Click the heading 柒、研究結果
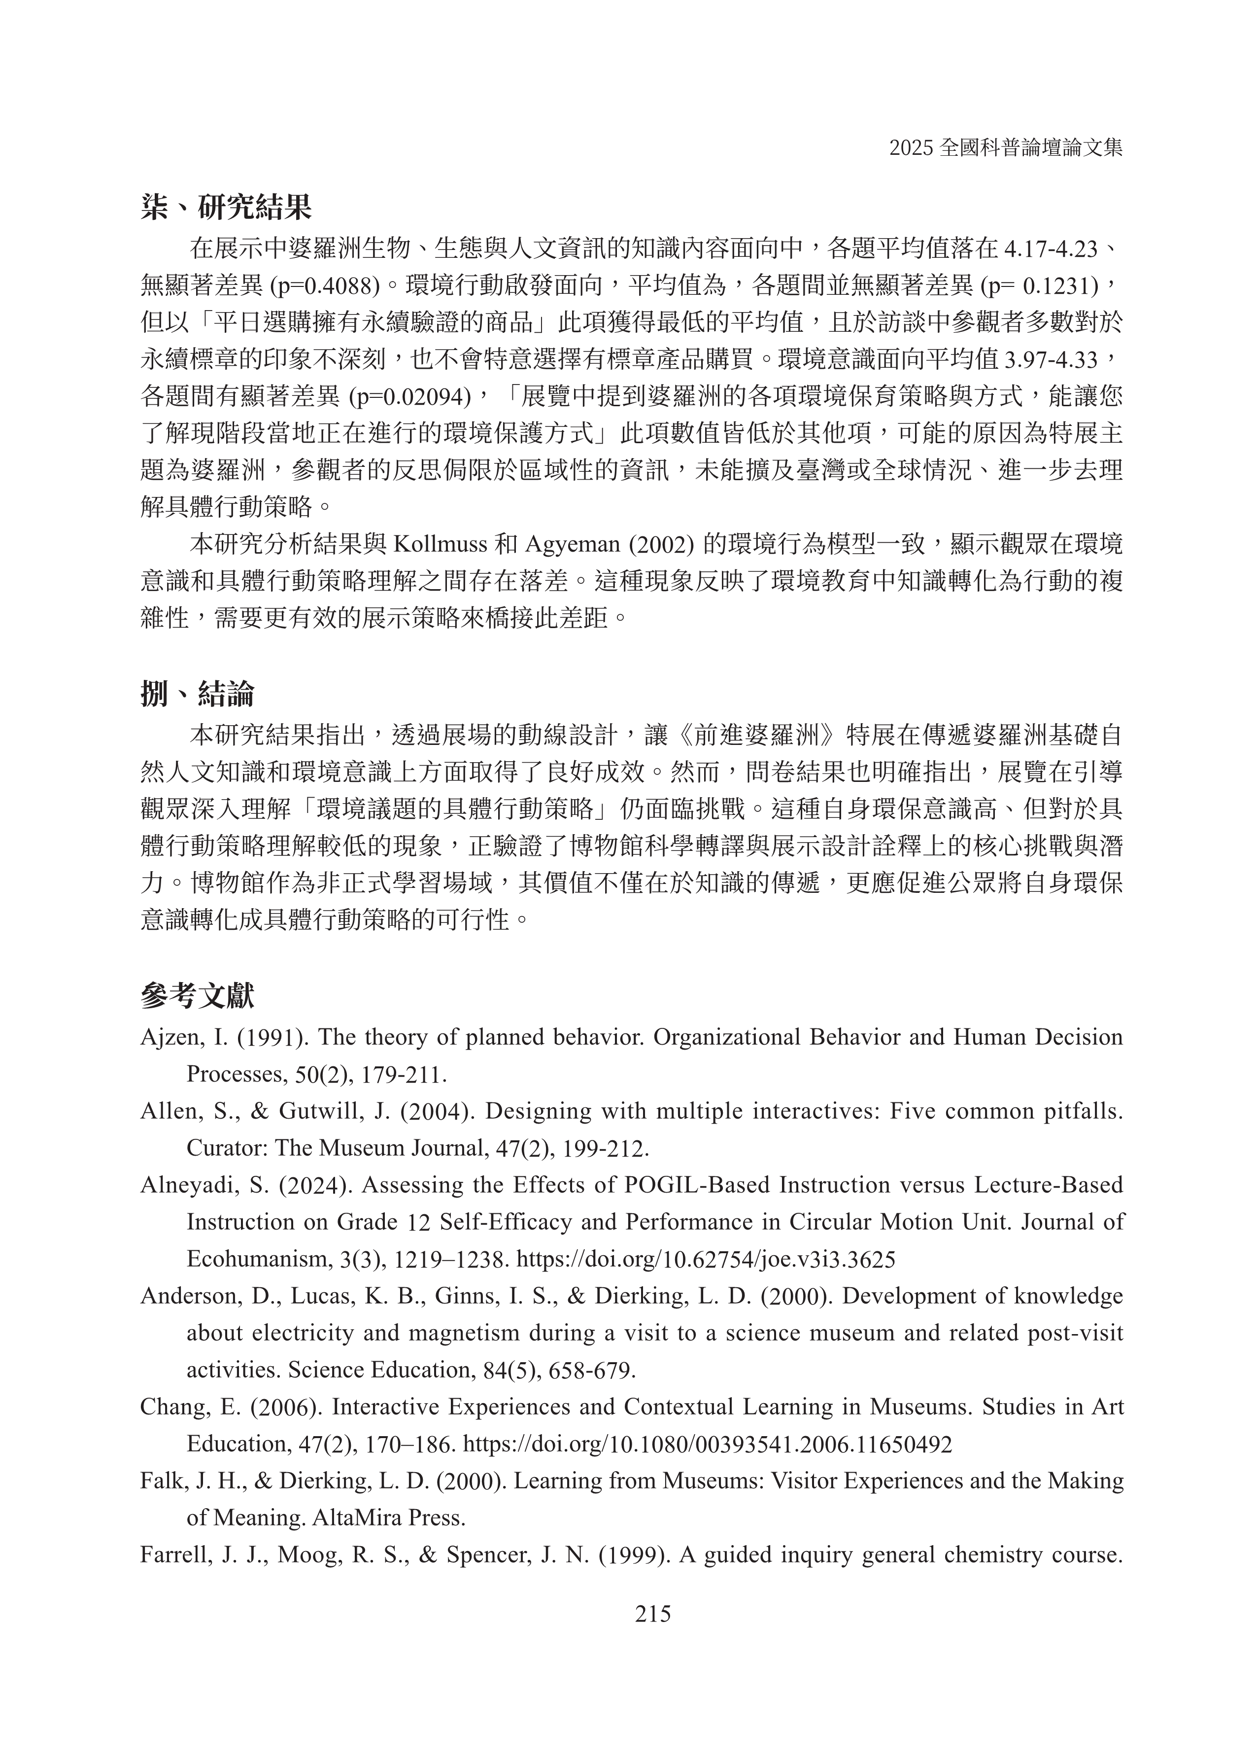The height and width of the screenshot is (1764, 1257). click(x=226, y=208)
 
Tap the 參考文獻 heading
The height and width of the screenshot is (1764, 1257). click(x=198, y=996)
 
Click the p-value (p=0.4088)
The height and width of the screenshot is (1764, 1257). click(x=325, y=286)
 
